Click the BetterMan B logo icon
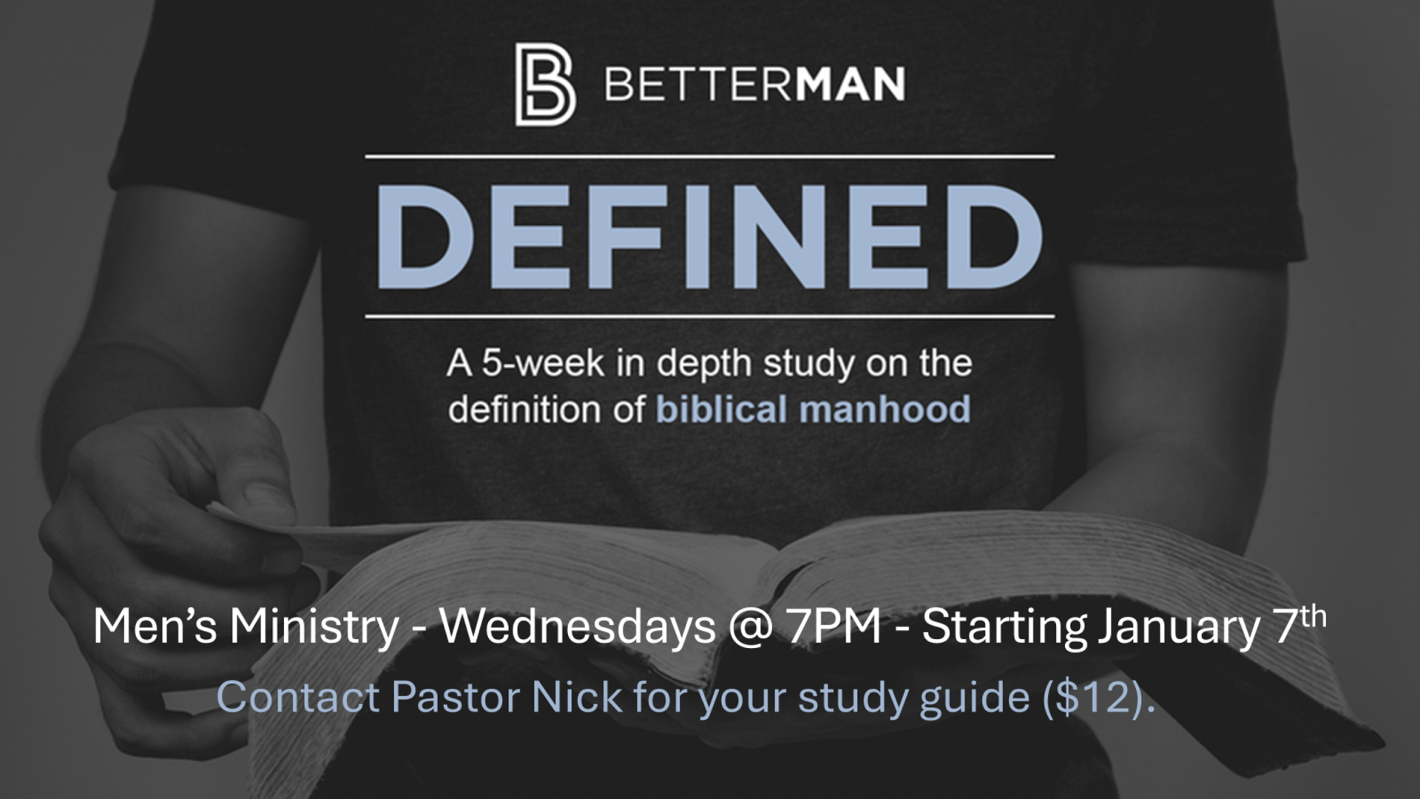(545, 84)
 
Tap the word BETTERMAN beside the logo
(755, 84)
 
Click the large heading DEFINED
(709, 237)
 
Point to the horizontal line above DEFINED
(710, 157)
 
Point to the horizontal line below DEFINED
(710, 317)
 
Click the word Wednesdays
(578, 627)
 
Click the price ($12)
(1098, 698)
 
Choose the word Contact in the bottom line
(298, 697)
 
